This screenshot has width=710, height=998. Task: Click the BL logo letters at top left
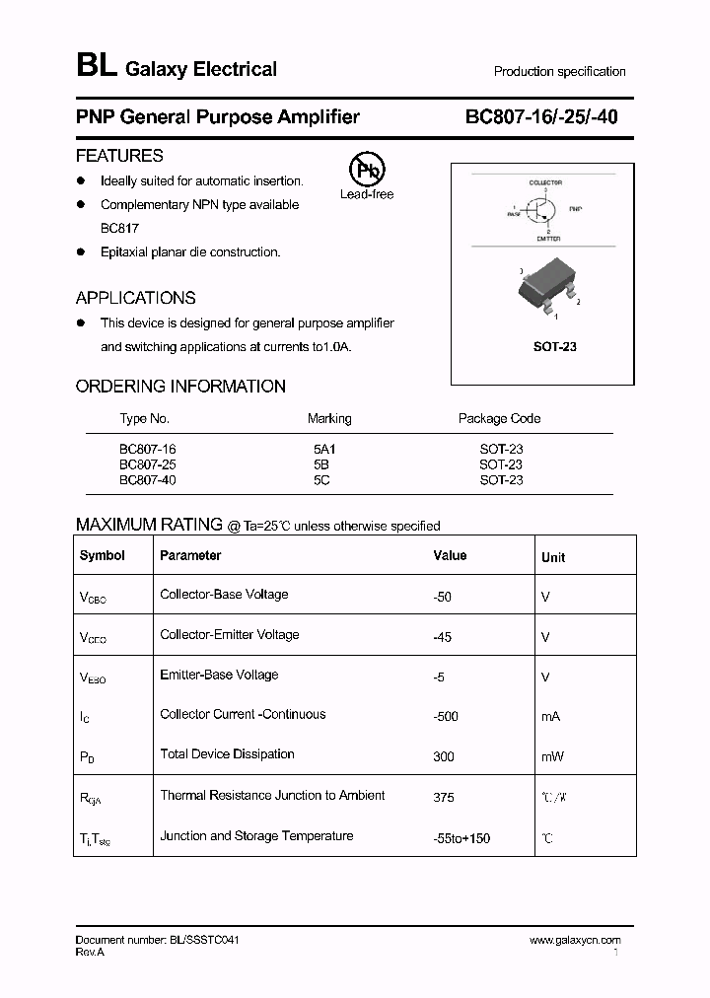click(96, 67)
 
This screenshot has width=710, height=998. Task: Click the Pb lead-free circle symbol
click(366, 170)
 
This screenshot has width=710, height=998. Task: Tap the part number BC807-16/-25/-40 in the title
click(541, 117)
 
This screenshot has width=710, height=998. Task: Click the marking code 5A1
click(324, 449)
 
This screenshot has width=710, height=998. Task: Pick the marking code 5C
click(320, 480)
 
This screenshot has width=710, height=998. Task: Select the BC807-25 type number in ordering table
click(148, 464)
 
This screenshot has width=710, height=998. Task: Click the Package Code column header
click(499, 418)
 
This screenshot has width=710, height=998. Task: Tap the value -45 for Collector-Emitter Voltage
click(442, 638)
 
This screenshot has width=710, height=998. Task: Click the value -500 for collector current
click(446, 717)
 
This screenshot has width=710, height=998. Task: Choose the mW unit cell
click(552, 756)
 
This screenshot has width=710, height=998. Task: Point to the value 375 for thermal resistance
click(443, 798)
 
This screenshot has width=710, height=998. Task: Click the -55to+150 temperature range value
click(461, 838)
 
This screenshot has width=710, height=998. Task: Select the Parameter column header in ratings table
click(190, 555)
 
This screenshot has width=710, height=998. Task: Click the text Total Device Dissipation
click(227, 754)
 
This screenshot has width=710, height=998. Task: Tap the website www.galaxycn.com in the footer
click(575, 941)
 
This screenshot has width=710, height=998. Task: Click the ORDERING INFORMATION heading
click(180, 387)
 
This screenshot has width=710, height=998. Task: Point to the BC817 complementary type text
click(119, 228)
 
